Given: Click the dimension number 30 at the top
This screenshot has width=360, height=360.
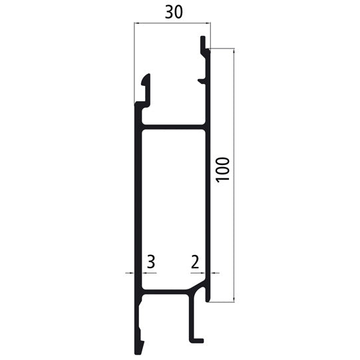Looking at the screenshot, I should [172, 11].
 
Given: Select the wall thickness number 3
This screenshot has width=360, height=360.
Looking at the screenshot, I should [150, 262].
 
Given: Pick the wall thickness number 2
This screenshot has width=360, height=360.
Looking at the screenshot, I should [194, 262].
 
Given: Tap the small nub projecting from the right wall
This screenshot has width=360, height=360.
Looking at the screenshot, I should [202, 81].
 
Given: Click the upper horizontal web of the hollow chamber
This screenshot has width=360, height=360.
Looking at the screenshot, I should [173, 126].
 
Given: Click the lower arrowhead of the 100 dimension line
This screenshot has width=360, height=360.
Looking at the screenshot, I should [234, 299].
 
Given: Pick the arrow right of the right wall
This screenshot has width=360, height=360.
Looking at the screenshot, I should [214, 273].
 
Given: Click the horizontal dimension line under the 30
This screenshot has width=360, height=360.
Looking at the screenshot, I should [172, 23].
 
